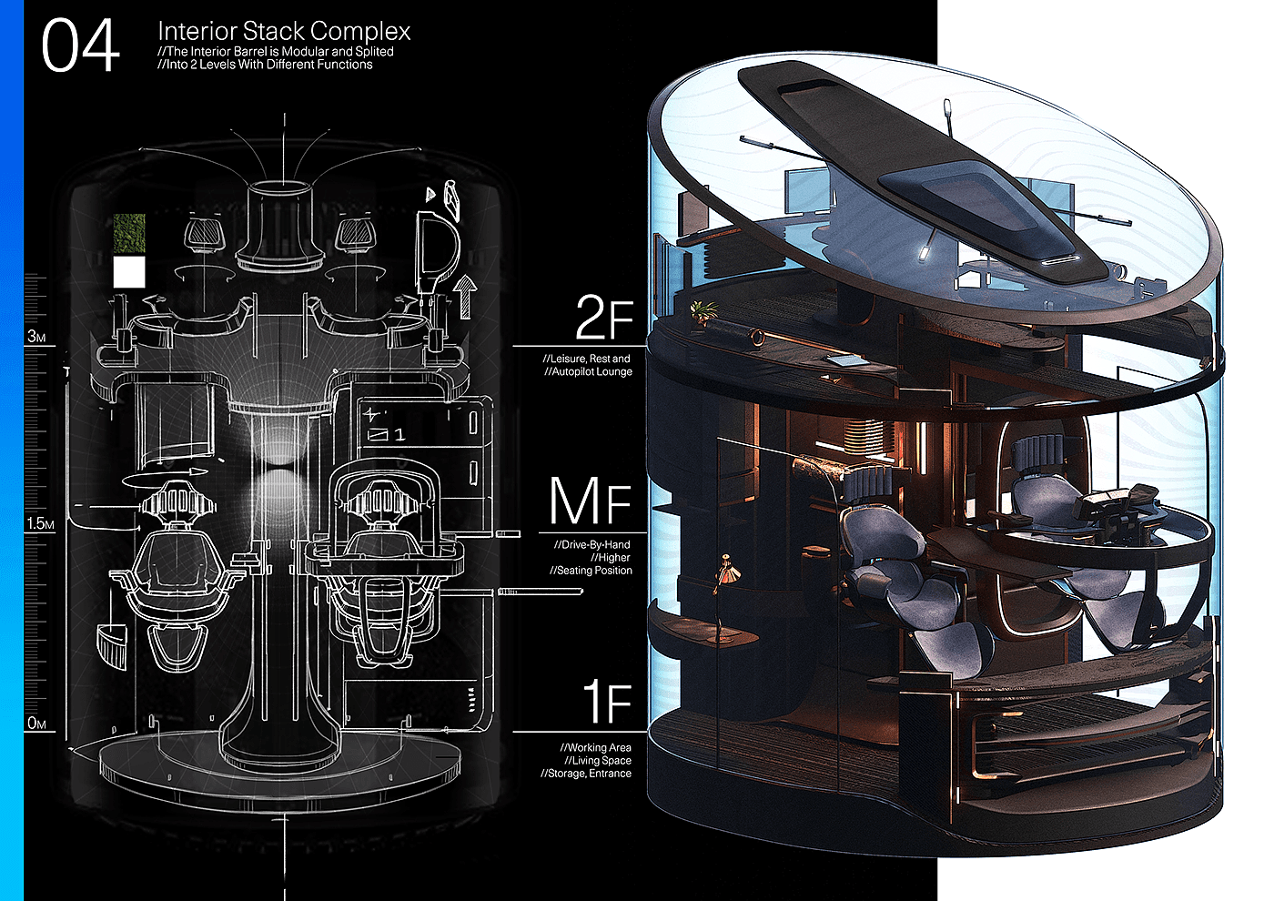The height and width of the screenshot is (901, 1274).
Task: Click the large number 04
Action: tap(80, 45)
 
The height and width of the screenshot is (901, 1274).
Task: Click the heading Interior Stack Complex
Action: tap(284, 31)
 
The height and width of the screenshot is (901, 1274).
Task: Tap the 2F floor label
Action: tap(604, 318)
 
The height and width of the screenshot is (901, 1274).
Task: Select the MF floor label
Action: tap(591, 501)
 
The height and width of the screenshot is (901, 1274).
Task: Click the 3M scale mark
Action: tap(36, 336)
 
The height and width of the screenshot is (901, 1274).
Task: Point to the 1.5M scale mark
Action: tap(40, 523)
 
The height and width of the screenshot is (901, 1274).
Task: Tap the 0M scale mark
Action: tap(36, 723)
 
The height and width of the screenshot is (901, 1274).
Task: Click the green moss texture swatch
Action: tap(129, 234)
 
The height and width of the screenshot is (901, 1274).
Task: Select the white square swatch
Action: tap(129, 272)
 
